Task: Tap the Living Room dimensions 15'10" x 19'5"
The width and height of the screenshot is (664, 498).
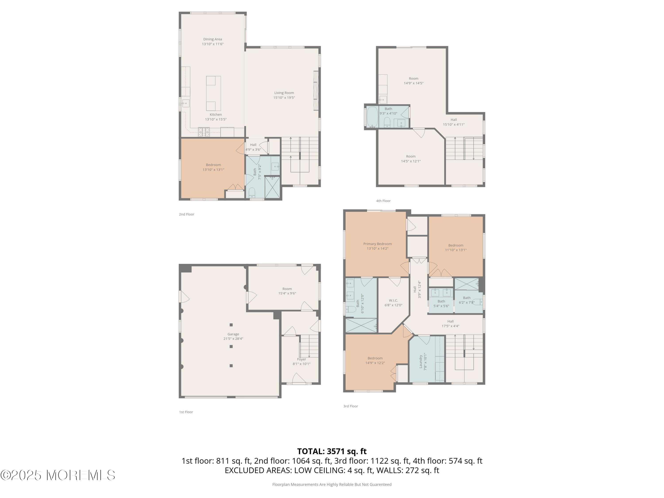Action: tap(284, 98)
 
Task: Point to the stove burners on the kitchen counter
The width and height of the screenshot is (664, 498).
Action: tap(204, 131)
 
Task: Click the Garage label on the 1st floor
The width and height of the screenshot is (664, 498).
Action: tap(233, 334)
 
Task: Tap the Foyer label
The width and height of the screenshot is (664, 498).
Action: tap(301, 359)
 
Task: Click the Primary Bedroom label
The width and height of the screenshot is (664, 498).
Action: tap(377, 244)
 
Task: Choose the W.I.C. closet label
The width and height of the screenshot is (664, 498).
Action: tap(393, 301)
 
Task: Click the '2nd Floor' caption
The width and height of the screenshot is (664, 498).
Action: tap(186, 214)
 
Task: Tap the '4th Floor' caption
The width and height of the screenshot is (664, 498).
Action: tap(383, 201)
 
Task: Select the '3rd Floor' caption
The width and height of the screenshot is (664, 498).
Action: tap(351, 406)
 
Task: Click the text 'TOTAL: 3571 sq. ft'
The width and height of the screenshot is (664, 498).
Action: tap(332, 452)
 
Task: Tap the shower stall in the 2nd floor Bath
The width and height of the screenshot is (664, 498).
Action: tap(272, 187)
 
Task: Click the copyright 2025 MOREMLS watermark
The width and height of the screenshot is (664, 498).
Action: tap(58, 475)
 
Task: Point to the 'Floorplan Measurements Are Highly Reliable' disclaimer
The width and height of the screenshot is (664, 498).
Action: tap(332, 484)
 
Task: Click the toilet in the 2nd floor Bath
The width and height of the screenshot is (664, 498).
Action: tap(252, 192)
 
